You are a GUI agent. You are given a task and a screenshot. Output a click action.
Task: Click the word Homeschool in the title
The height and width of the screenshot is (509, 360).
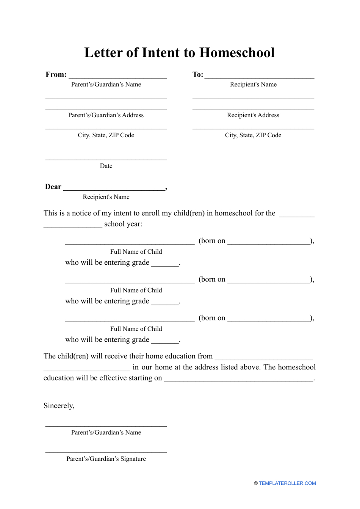(237, 53)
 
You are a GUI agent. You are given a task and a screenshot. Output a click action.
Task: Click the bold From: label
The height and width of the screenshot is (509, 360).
(56, 74)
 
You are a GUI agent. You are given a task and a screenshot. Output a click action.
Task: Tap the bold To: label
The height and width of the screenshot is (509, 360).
(197, 74)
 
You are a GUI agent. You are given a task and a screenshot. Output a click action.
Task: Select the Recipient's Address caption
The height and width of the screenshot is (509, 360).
(253, 115)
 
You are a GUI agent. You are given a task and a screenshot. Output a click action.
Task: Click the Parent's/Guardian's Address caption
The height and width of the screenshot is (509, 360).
(106, 115)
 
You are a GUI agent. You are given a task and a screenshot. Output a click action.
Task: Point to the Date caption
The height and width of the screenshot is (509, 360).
(106, 166)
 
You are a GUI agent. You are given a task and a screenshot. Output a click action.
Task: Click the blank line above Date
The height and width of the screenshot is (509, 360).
(106, 159)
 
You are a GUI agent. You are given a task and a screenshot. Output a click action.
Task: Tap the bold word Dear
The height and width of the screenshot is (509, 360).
(53, 187)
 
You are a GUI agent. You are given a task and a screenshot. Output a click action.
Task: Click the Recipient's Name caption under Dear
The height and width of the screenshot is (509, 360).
(106, 197)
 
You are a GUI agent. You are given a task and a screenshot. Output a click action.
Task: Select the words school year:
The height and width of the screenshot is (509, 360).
(123, 224)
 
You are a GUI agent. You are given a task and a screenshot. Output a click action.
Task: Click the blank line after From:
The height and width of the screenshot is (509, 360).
(118, 77)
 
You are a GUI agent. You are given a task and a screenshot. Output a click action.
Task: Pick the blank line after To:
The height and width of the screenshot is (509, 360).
(259, 77)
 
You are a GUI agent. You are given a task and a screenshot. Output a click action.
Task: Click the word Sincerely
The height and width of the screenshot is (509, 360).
(59, 406)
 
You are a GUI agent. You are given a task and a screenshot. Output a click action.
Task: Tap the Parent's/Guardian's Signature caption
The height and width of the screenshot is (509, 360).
(106, 459)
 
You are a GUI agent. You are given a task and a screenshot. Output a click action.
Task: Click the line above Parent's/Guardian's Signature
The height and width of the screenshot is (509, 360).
(106, 452)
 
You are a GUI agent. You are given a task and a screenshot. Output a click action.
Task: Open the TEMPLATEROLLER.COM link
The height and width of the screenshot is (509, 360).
(287, 483)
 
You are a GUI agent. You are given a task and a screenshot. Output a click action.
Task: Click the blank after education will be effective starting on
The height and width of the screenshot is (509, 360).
(239, 380)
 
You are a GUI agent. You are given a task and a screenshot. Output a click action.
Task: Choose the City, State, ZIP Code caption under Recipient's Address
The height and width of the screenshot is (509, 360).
(253, 135)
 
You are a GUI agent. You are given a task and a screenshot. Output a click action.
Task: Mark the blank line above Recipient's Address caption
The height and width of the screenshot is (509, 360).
(253, 108)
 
